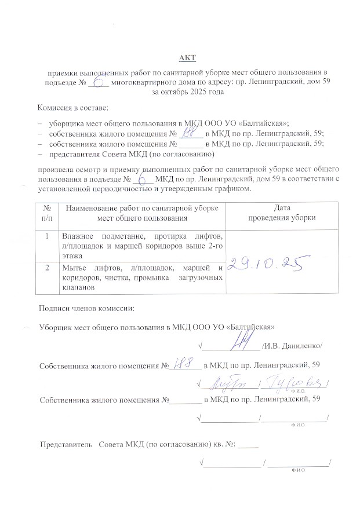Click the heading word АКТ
(x=188, y=57)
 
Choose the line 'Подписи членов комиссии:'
(x=86, y=309)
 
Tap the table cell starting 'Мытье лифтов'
(x=142, y=277)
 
